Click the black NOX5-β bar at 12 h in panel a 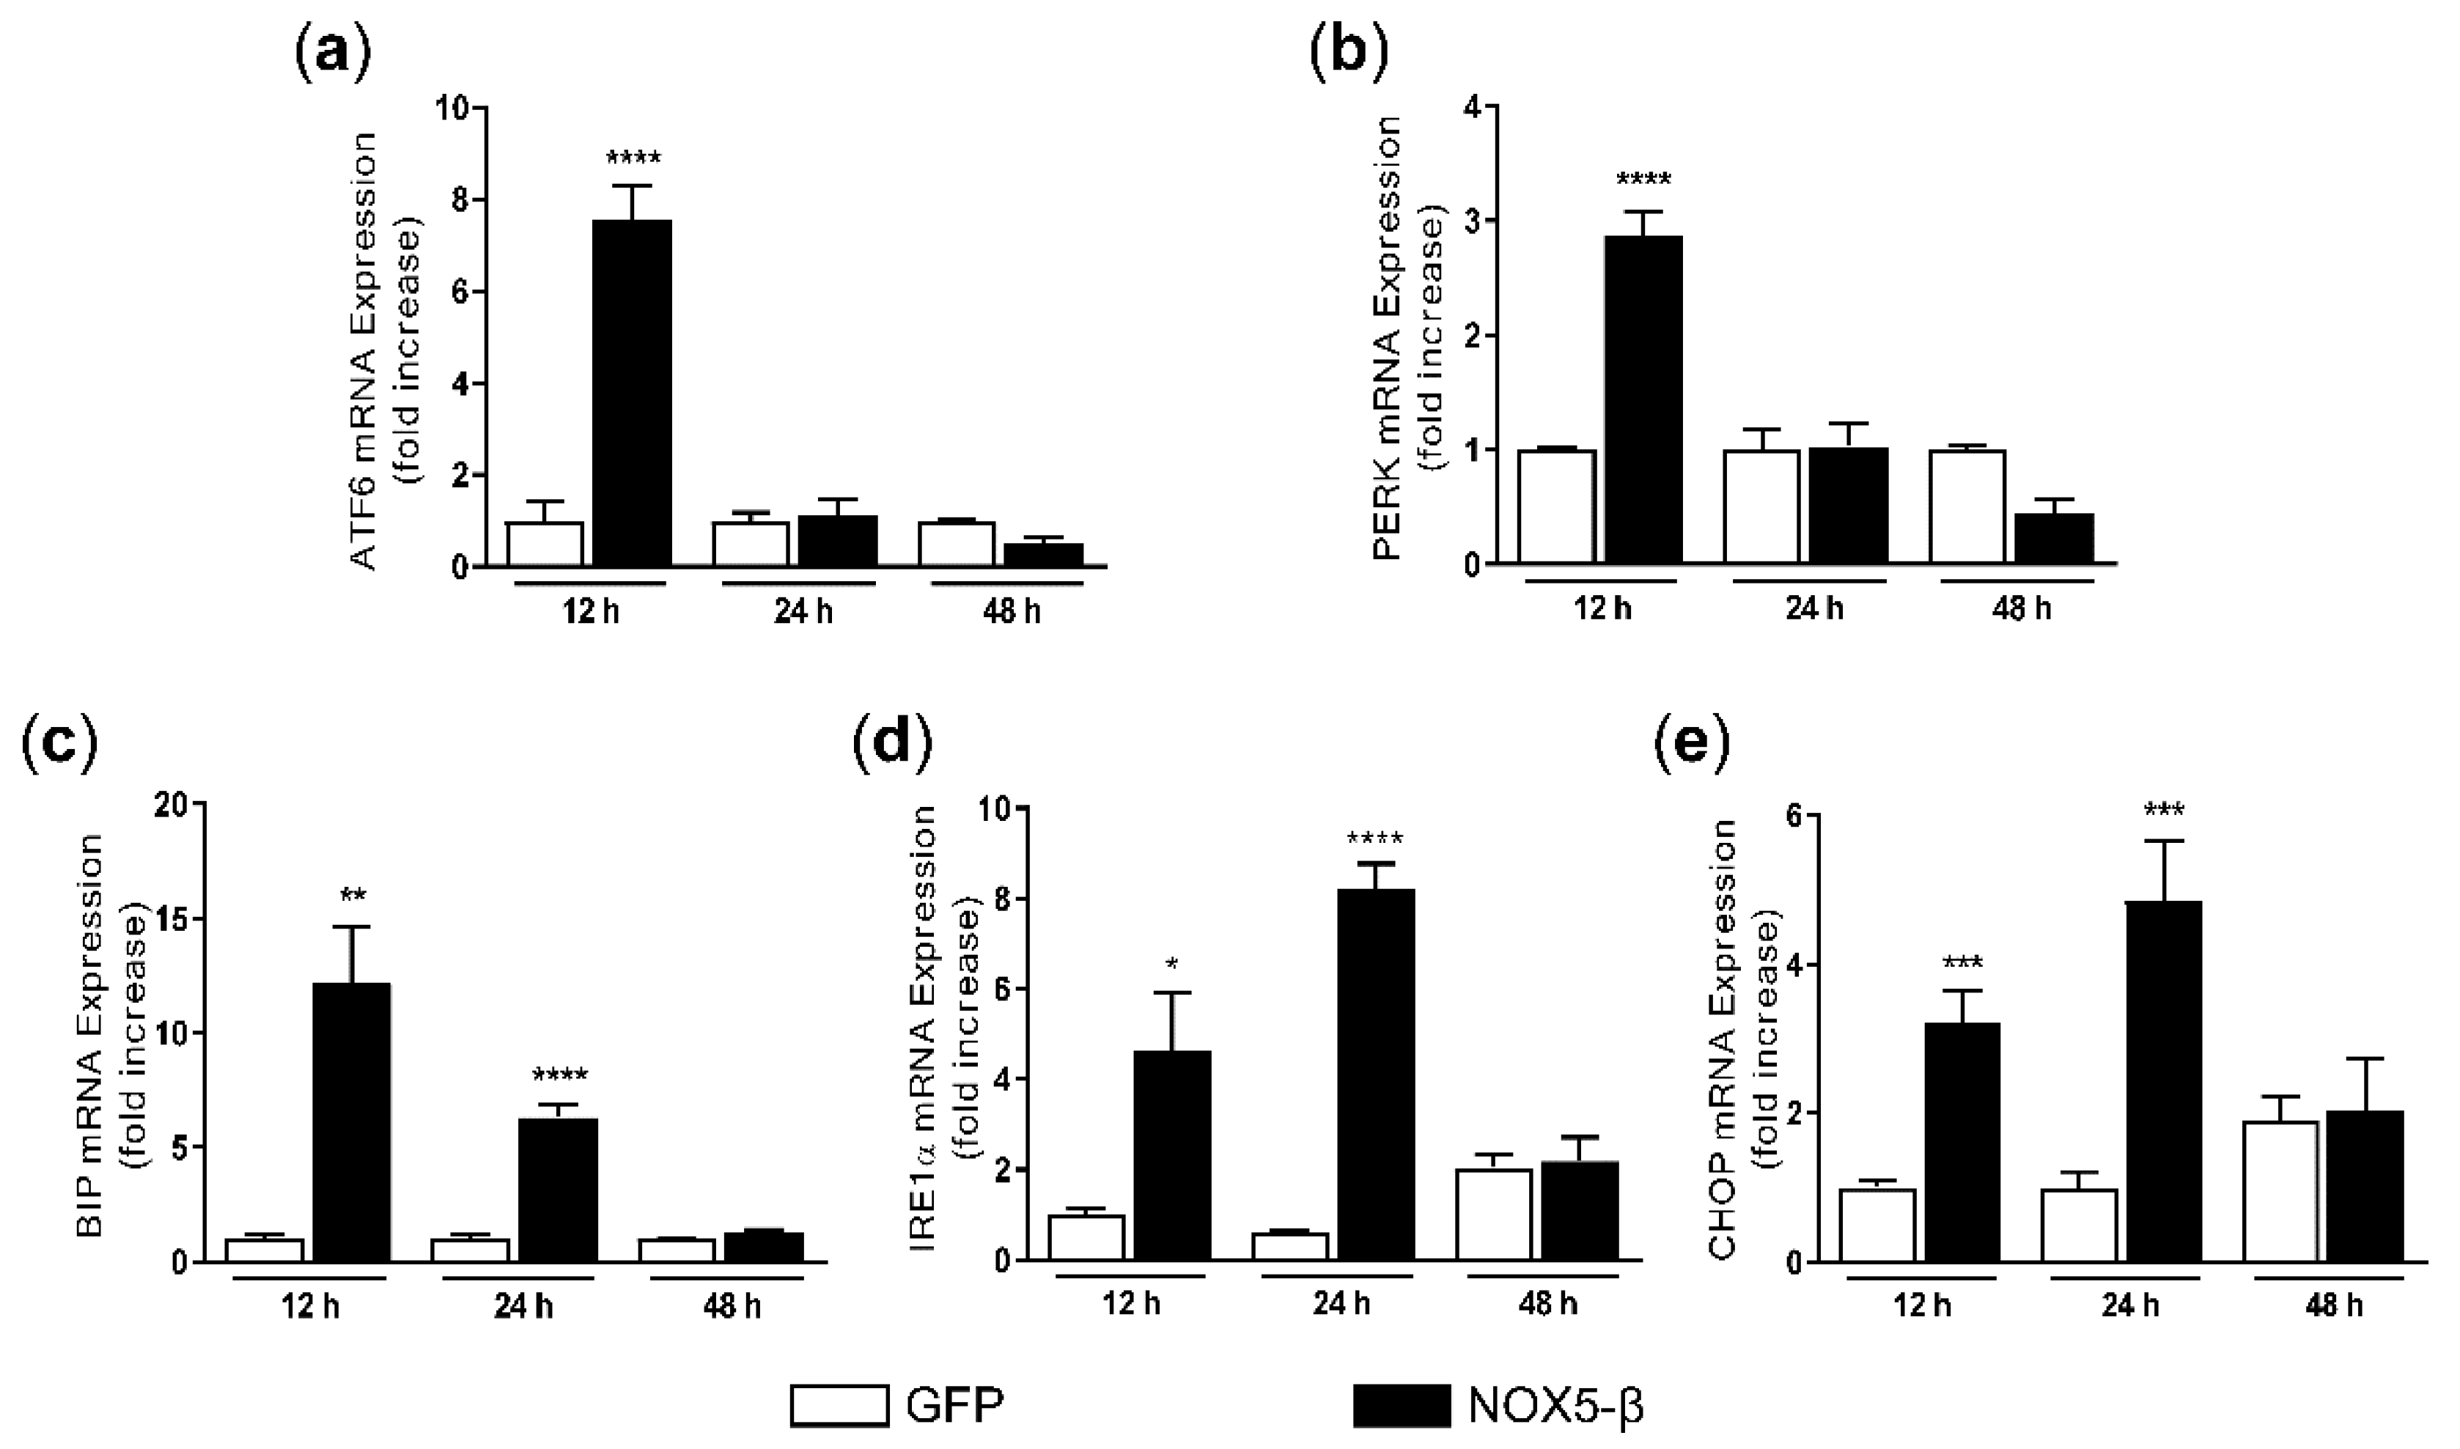point(632,393)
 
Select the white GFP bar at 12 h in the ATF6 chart point(545,544)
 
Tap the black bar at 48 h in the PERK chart point(2054,538)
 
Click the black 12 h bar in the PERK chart point(1643,399)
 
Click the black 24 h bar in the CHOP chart point(2164,1081)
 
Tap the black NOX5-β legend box point(1402,1406)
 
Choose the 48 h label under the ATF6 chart point(1010,611)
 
